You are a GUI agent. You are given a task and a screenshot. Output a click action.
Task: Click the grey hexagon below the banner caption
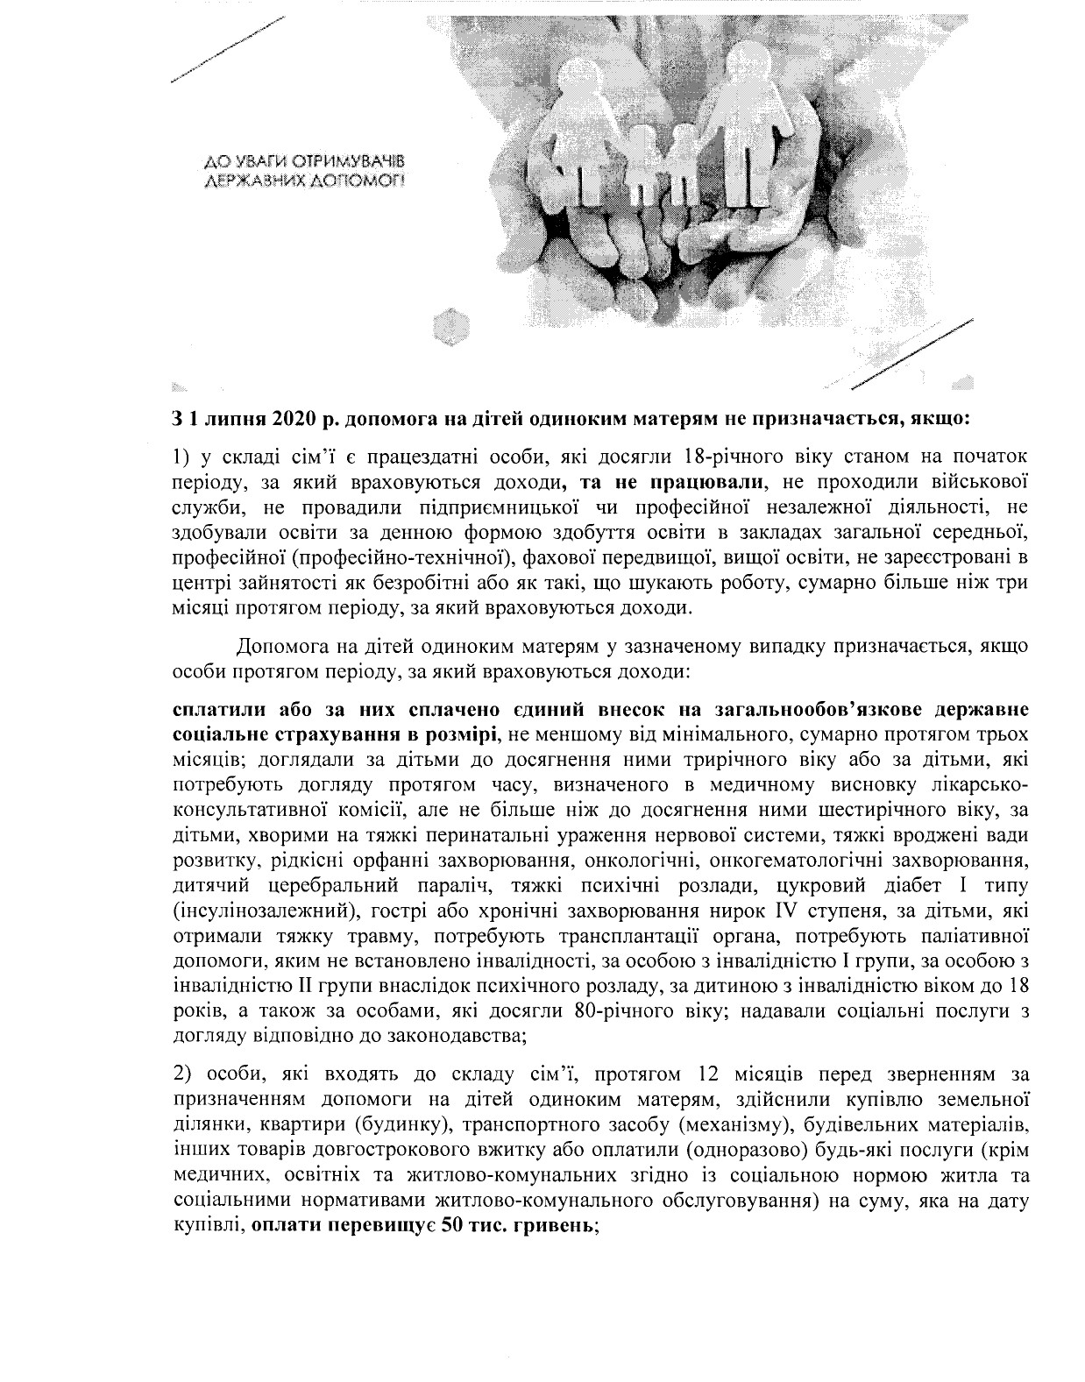[x=449, y=330]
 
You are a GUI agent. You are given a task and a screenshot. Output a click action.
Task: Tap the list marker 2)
[x=181, y=1073]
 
